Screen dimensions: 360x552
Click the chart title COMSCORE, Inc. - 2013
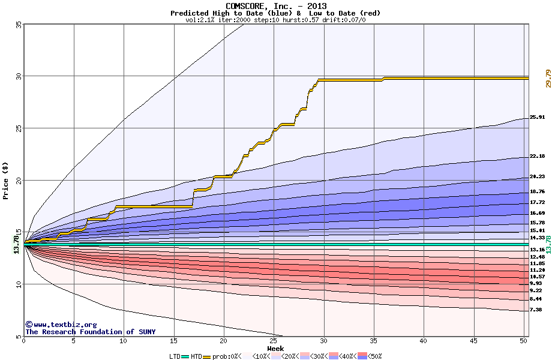pos(276,6)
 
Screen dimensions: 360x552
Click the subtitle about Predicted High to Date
pos(276,13)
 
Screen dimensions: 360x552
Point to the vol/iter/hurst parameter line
pos(276,20)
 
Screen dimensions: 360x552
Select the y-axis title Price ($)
pos(5,180)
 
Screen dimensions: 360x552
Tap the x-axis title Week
pos(275,348)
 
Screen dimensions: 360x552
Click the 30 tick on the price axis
pos(19,76)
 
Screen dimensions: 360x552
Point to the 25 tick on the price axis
pos(19,128)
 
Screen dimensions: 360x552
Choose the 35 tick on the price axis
pos(19,25)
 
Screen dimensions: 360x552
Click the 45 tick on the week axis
pos(474,341)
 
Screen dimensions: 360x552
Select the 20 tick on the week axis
pos(224,341)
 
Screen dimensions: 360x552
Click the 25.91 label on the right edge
pos(537,118)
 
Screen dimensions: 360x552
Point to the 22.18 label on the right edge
pos(537,157)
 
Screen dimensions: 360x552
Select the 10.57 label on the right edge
pos(537,277)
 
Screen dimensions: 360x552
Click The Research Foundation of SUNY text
pos(90,332)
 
